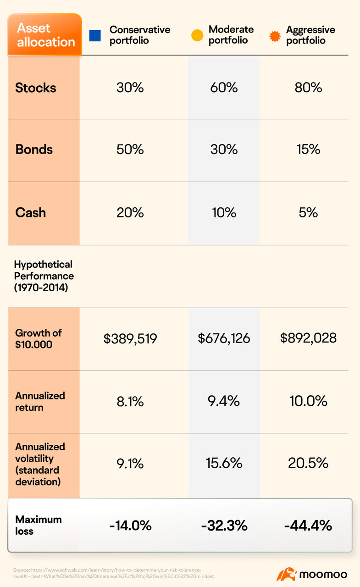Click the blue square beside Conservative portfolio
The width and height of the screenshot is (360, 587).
pyautogui.click(x=95, y=36)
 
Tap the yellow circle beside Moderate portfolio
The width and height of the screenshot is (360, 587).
pyautogui.click(x=197, y=35)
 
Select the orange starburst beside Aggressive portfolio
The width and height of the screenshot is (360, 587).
pyautogui.click(x=275, y=36)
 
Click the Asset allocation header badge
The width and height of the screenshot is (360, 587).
pyautogui.click(x=45, y=34)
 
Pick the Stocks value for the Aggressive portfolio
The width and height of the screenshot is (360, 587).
pyautogui.click(x=308, y=88)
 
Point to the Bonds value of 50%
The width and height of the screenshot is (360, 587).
pyautogui.click(x=130, y=150)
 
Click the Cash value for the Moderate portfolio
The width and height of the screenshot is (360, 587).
pyautogui.click(x=224, y=212)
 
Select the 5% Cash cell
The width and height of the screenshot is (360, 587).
pyautogui.click(x=308, y=212)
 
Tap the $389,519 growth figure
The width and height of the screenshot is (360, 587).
pyautogui.click(x=130, y=338)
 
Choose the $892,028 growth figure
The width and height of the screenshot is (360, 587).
pyautogui.click(x=308, y=338)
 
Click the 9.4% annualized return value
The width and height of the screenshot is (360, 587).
pyautogui.click(x=223, y=401)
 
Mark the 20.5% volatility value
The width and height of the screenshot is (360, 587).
pyautogui.click(x=308, y=463)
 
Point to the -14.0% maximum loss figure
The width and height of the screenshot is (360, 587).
pyautogui.click(x=130, y=526)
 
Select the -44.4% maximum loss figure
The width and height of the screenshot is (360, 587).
pyautogui.click(x=308, y=526)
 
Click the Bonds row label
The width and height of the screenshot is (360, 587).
pyautogui.click(x=34, y=150)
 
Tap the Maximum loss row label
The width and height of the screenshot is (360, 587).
pyautogui.click(x=38, y=525)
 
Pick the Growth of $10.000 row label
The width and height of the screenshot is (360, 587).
pyautogui.click(x=38, y=338)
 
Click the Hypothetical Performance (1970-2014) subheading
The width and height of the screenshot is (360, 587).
pyautogui.click(x=44, y=276)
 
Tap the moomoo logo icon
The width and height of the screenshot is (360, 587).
pyautogui.click(x=286, y=574)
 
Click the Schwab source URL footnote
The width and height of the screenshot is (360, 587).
pyautogui.click(x=114, y=573)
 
